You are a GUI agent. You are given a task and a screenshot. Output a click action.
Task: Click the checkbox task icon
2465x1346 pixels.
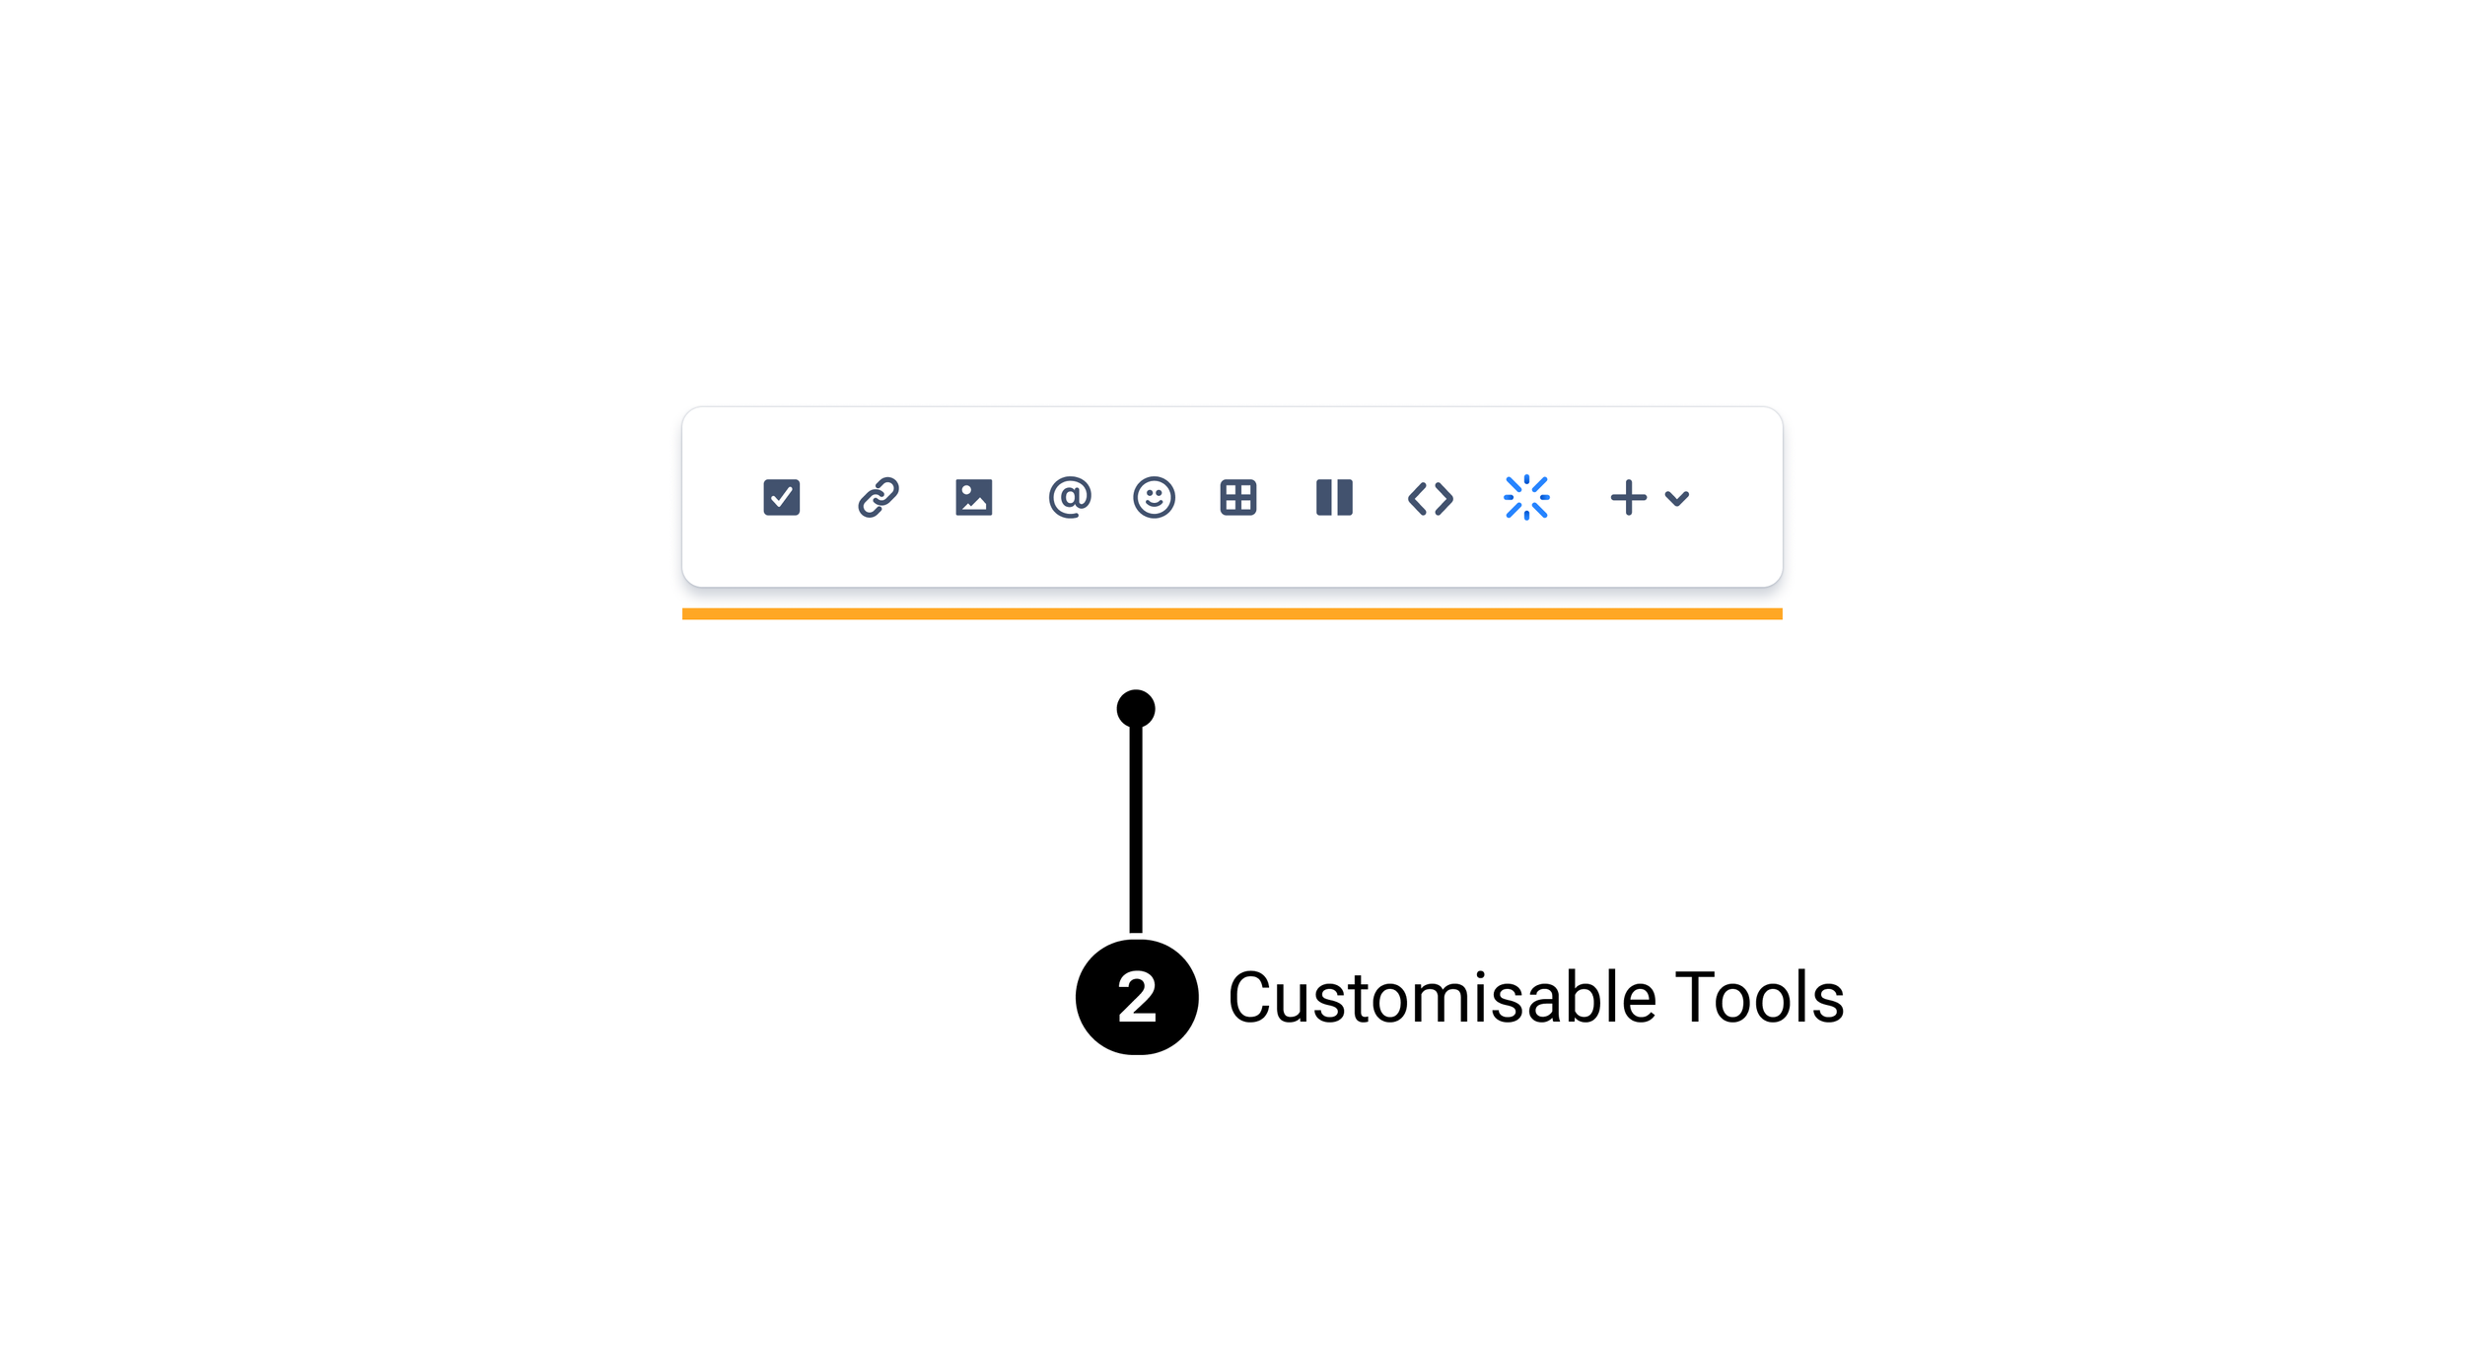click(x=781, y=497)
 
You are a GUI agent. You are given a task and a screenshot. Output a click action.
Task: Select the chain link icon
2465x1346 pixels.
click(x=878, y=497)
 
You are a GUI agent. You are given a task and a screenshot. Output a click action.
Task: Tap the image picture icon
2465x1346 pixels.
click(x=973, y=497)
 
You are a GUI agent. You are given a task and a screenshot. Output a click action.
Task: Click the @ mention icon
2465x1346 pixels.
click(x=1069, y=497)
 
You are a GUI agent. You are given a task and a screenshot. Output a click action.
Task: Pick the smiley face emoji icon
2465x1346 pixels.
click(x=1154, y=497)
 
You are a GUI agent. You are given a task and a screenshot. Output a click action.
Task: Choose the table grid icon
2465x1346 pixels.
click(x=1237, y=497)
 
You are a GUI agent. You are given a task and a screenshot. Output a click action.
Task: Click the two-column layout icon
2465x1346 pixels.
click(x=1334, y=497)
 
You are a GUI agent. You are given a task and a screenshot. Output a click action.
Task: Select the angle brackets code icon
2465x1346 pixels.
click(x=1430, y=498)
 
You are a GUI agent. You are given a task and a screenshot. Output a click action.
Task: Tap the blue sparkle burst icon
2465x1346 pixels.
click(x=1526, y=497)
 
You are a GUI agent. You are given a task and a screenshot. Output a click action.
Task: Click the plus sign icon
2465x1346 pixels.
click(x=1628, y=497)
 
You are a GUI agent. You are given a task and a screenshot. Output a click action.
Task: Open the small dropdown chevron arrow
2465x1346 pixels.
click(x=1676, y=498)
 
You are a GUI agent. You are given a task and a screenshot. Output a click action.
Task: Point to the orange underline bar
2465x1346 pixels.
click(x=1232, y=613)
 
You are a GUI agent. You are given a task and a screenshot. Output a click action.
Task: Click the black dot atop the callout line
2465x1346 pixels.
click(x=1136, y=708)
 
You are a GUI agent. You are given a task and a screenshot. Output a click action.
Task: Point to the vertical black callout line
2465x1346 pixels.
click(x=1136, y=828)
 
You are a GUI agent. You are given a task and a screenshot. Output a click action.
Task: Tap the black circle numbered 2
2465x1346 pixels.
click(x=1137, y=997)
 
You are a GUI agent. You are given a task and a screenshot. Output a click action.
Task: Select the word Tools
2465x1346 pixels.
click(x=1759, y=998)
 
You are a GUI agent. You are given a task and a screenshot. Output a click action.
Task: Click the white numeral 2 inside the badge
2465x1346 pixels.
click(x=1137, y=997)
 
